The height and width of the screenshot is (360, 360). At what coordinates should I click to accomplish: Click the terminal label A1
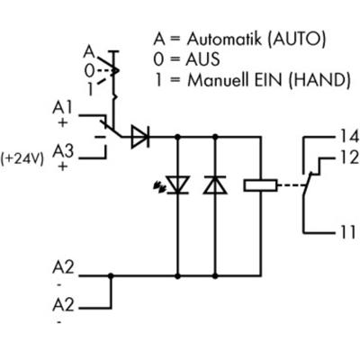[64, 106]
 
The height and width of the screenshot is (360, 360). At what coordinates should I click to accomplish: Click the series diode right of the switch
[139, 136]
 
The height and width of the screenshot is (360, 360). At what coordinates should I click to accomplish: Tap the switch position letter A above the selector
[89, 50]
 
